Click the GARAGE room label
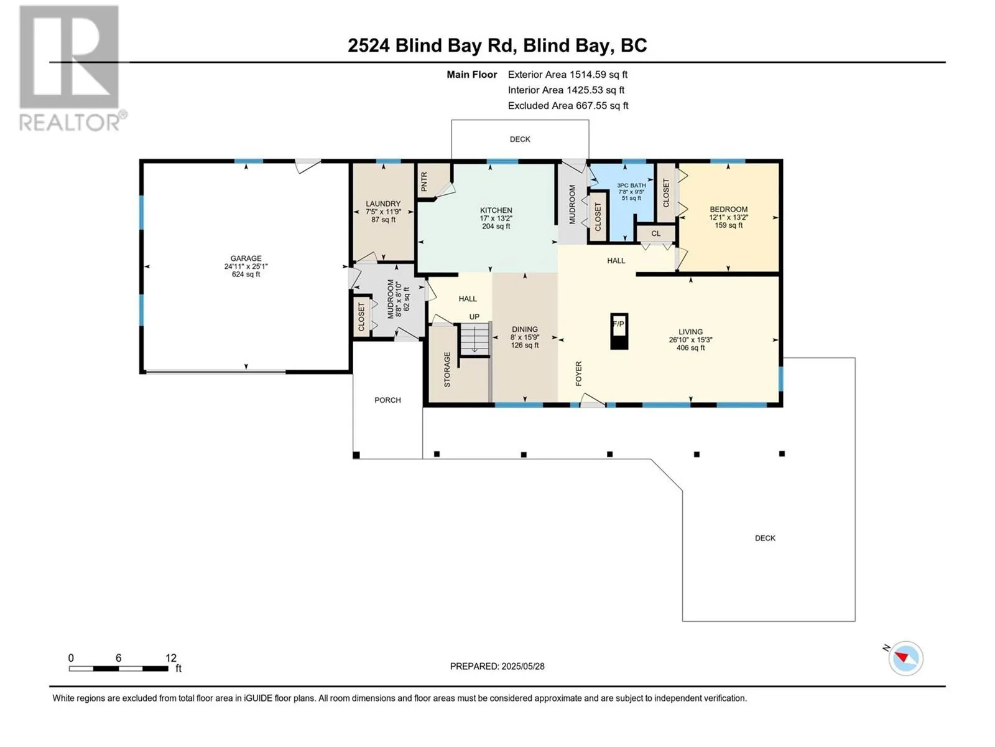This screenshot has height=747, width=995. pyautogui.click(x=246, y=258)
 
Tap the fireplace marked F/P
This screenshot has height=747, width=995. pyautogui.click(x=619, y=331)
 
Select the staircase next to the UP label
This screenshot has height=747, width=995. pyautogui.click(x=475, y=339)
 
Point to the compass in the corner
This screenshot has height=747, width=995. pyautogui.click(x=905, y=658)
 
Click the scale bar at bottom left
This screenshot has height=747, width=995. pyautogui.click(x=118, y=669)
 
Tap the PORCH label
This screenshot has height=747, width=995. pyautogui.click(x=387, y=400)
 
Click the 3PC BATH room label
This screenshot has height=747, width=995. pyautogui.click(x=631, y=186)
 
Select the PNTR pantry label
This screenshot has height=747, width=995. pyautogui.click(x=424, y=181)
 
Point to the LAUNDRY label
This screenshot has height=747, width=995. pyautogui.click(x=384, y=204)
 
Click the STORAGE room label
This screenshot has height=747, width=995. pyautogui.click(x=447, y=369)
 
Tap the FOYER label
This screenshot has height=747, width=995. pyautogui.click(x=578, y=374)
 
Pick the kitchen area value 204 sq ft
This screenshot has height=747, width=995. pyautogui.click(x=496, y=227)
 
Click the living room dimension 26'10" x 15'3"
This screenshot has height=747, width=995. pyautogui.click(x=690, y=340)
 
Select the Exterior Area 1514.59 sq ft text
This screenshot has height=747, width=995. pyautogui.click(x=568, y=74)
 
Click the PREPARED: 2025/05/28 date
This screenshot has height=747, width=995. pyautogui.click(x=497, y=666)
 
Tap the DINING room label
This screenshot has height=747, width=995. pyautogui.click(x=525, y=329)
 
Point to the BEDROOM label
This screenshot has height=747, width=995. pyautogui.click(x=728, y=209)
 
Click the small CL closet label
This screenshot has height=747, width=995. pyautogui.click(x=656, y=233)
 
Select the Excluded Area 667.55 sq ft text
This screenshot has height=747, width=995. pyautogui.click(x=568, y=106)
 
